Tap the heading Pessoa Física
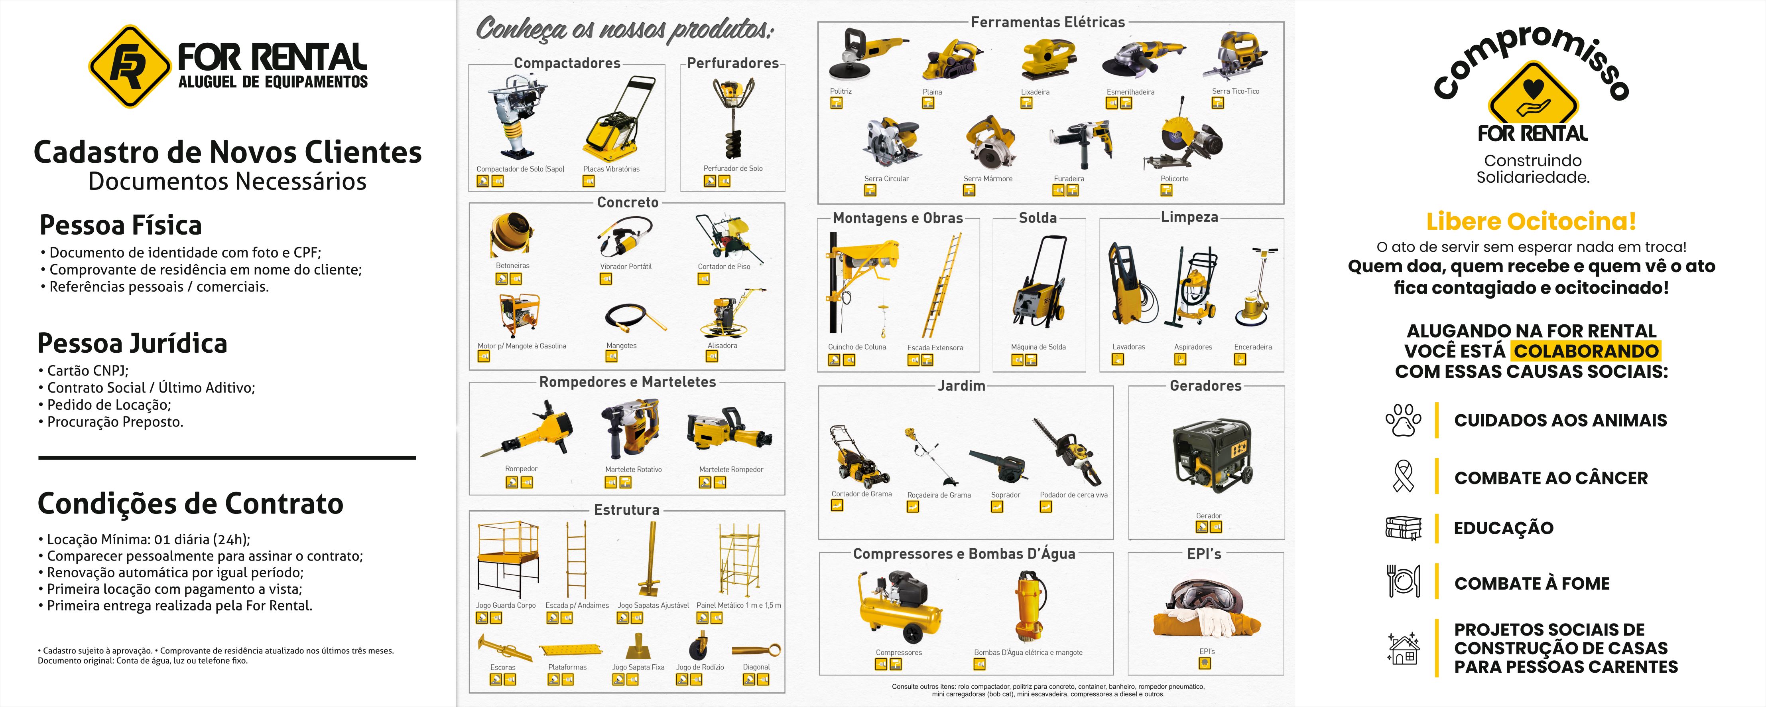click(x=121, y=225)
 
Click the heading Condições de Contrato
click(x=191, y=504)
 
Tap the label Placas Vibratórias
click(x=612, y=169)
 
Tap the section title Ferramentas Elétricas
click(x=1047, y=22)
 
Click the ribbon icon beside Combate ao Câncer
click(x=1403, y=477)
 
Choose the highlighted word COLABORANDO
click(x=1586, y=351)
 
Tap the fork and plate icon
click(x=1403, y=581)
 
